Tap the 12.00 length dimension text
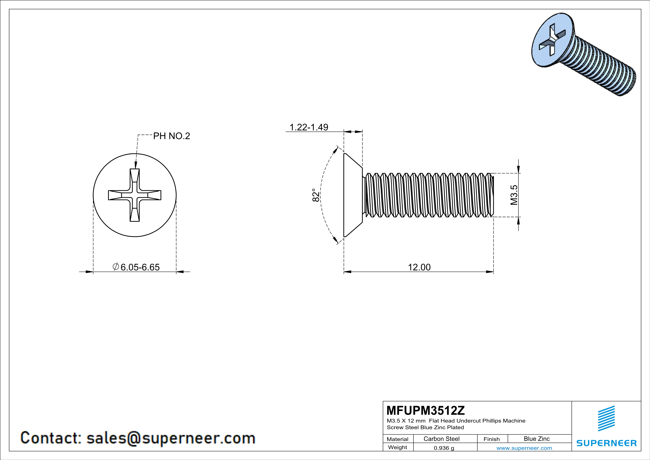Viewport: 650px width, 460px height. [x=419, y=267]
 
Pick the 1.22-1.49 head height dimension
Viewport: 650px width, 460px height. [x=309, y=127]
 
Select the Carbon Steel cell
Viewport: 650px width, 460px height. [x=441, y=439]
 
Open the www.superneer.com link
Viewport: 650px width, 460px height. [x=524, y=448]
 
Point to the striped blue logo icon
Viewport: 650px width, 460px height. [x=606, y=418]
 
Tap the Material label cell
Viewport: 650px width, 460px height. [x=398, y=439]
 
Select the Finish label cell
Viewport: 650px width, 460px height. [x=492, y=439]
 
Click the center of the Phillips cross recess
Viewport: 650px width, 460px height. [x=135, y=195]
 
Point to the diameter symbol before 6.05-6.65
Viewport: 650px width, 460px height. [x=115, y=267]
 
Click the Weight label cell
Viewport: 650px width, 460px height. [x=398, y=447]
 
